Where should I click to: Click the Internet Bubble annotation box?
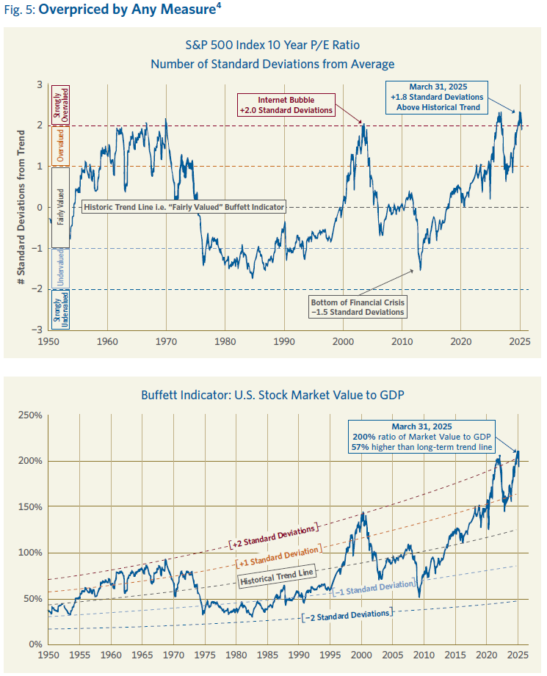click(286, 104)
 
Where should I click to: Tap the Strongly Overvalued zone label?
click(63, 104)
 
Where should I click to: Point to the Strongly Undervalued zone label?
click(63, 310)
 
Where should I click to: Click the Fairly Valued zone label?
click(63, 207)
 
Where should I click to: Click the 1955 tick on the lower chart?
click(80, 654)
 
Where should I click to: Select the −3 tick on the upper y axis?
click(37, 330)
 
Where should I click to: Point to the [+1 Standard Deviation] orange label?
click(278, 555)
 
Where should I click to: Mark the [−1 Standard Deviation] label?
click(374, 587)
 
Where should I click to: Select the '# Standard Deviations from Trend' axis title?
click(21, 207)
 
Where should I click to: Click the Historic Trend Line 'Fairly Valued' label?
click(184, 207)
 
